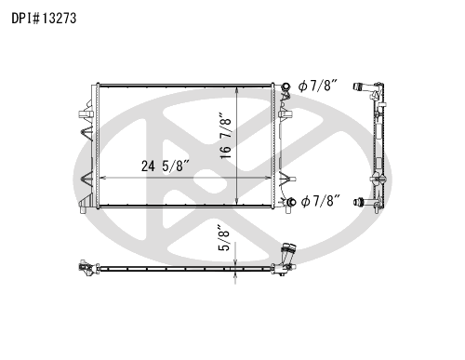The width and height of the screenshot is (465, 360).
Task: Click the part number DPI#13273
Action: [44, 19]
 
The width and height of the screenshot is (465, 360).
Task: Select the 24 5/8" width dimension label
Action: [166, 167]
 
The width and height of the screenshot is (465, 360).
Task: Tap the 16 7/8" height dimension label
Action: [226, 136]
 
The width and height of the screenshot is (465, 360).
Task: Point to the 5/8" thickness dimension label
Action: [224, 238]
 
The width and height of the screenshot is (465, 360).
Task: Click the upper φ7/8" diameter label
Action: [318, 86]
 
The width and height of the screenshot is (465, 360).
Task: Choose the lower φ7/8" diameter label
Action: [321, 201]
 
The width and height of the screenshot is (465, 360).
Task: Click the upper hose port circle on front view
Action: [286, 87]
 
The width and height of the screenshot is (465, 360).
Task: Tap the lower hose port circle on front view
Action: [291, 202]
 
